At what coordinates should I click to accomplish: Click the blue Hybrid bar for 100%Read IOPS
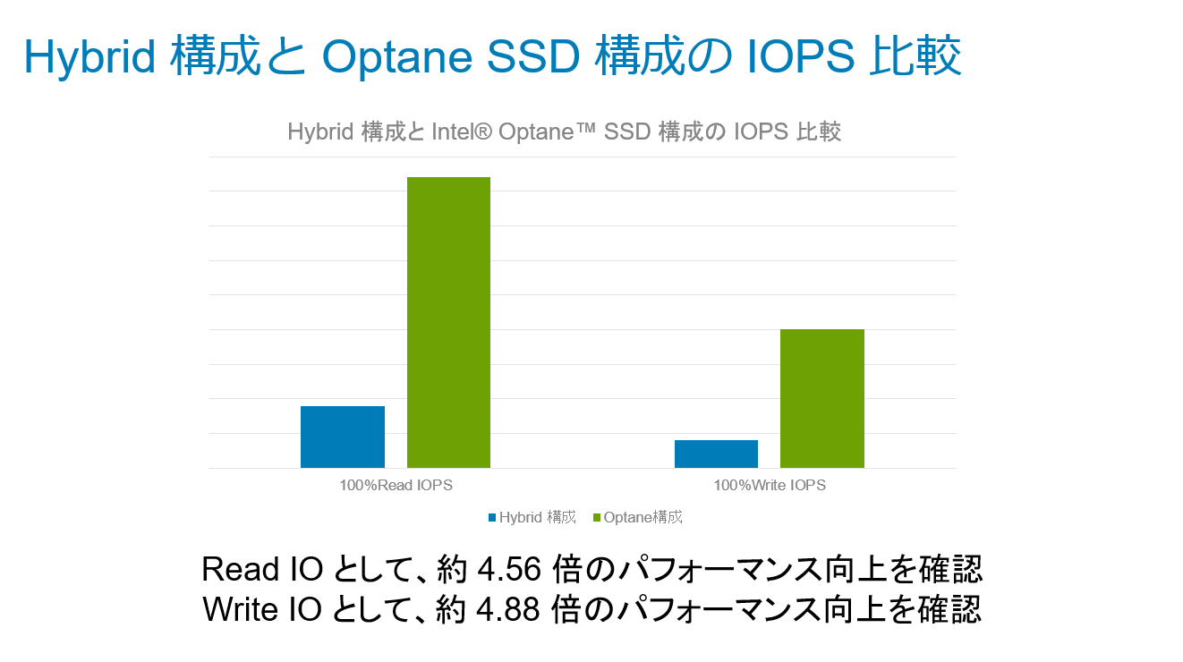(x=343, y=437)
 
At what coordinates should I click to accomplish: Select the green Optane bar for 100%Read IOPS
(x=449, y=323)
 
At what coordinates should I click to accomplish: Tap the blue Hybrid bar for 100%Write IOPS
(x=716, y=454)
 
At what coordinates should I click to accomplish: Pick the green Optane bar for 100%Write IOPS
(x=822, y=399)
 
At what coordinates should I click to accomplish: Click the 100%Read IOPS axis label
(x=396, y=485)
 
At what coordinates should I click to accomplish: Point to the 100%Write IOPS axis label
(x=770, y=485)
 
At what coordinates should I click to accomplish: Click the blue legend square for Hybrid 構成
(x=492, y=517)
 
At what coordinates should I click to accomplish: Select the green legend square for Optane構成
(x=597, y=517)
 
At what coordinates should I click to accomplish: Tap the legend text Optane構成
(x=643, y=517)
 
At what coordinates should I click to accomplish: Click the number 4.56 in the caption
(x=509, y=570)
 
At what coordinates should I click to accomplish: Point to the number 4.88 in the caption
(x=508, y=609)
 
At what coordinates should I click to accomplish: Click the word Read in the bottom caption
(x=241, y=570)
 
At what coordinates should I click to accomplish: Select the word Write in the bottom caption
(x=241, y=609)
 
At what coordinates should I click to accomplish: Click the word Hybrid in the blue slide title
(x=89, y=57)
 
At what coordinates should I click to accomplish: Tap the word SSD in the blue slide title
(x=532, y=56)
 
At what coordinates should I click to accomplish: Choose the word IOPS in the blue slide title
(x=801, y=56)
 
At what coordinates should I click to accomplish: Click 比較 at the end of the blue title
(x=915, y=55)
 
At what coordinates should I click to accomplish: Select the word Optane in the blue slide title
(x=396, y=57)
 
